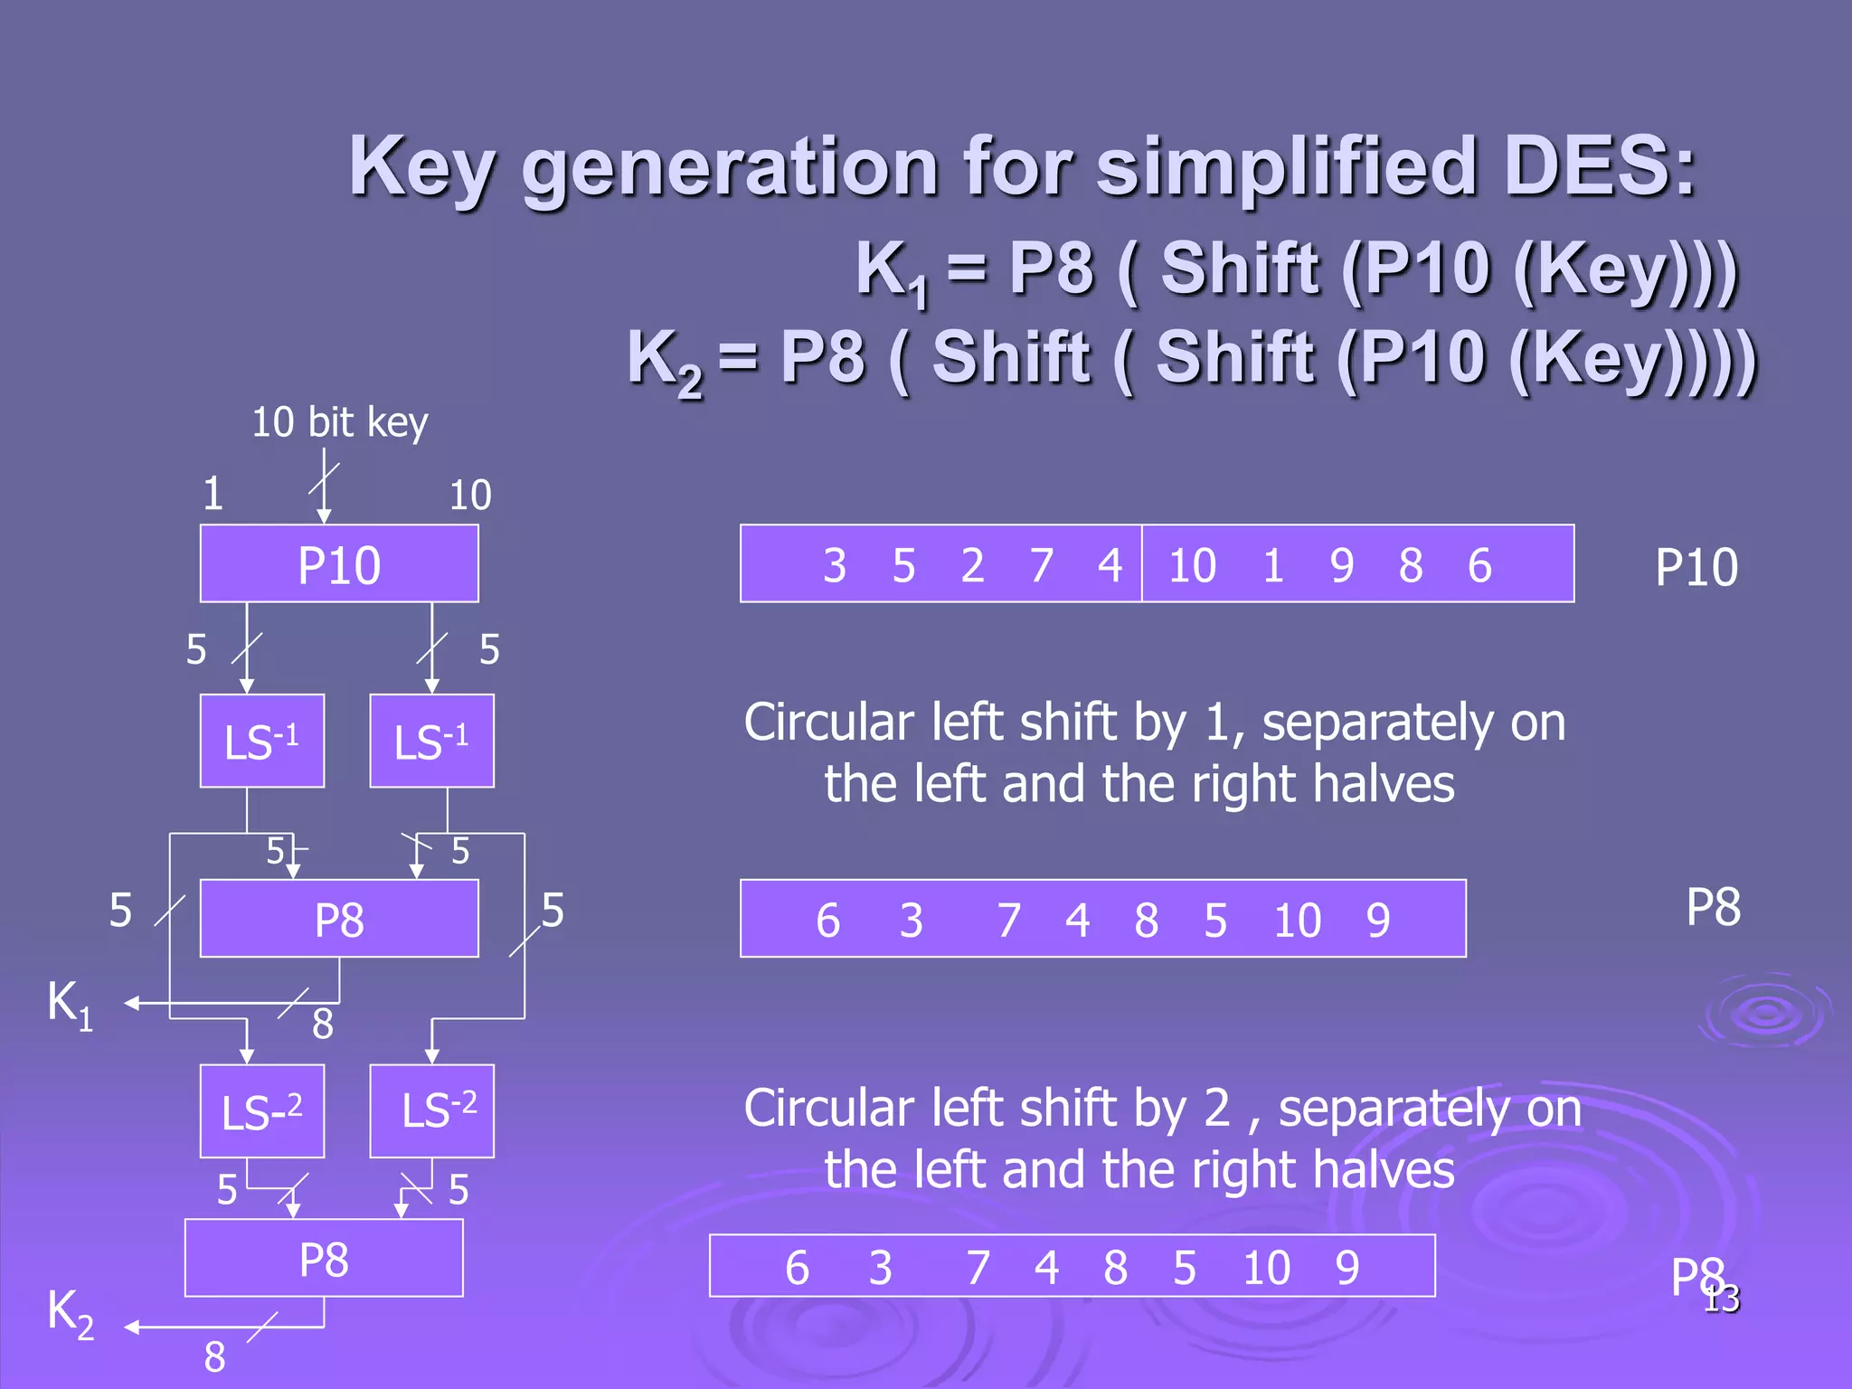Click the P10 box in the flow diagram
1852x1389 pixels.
[x=339, y=564]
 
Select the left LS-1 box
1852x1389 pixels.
[x=261, y=742]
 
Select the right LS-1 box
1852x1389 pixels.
[x=431, y=742]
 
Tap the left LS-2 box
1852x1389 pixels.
[x=261, y=1111]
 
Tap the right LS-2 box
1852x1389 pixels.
[x=431, y=1111]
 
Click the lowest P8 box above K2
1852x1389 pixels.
[x=324, y=1259]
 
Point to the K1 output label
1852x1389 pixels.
[x=70, y=1005]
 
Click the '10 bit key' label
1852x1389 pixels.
[x=339, y=422]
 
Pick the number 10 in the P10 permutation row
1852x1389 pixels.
[x=1192, y=566]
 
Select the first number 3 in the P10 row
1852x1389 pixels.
[x=834, y=566]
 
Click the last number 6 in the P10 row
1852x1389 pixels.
[x=1479, y=566]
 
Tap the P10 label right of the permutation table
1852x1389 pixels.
[x=1696, y=568]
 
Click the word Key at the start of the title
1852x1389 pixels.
[x=422, y=168]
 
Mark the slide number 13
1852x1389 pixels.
[x=1722, y=1299]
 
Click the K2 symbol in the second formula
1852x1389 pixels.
[x=665, y=362]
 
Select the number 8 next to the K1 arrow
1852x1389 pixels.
[x=323, y=1025]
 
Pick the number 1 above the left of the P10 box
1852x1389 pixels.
[x=213, y=494]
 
